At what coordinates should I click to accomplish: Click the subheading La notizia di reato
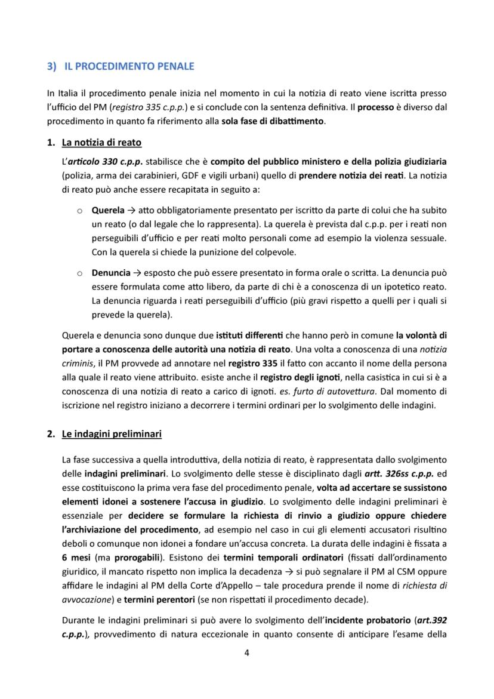[x=101, y=143]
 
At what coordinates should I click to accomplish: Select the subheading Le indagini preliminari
[x=112, y=434]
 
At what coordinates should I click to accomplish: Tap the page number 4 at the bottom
[x=246, y=652]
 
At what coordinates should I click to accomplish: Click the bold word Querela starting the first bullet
[x=108, y=211]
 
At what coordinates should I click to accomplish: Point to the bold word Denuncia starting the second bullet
[x=111, y=273]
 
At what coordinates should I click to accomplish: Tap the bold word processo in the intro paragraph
[x=376, y=107]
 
